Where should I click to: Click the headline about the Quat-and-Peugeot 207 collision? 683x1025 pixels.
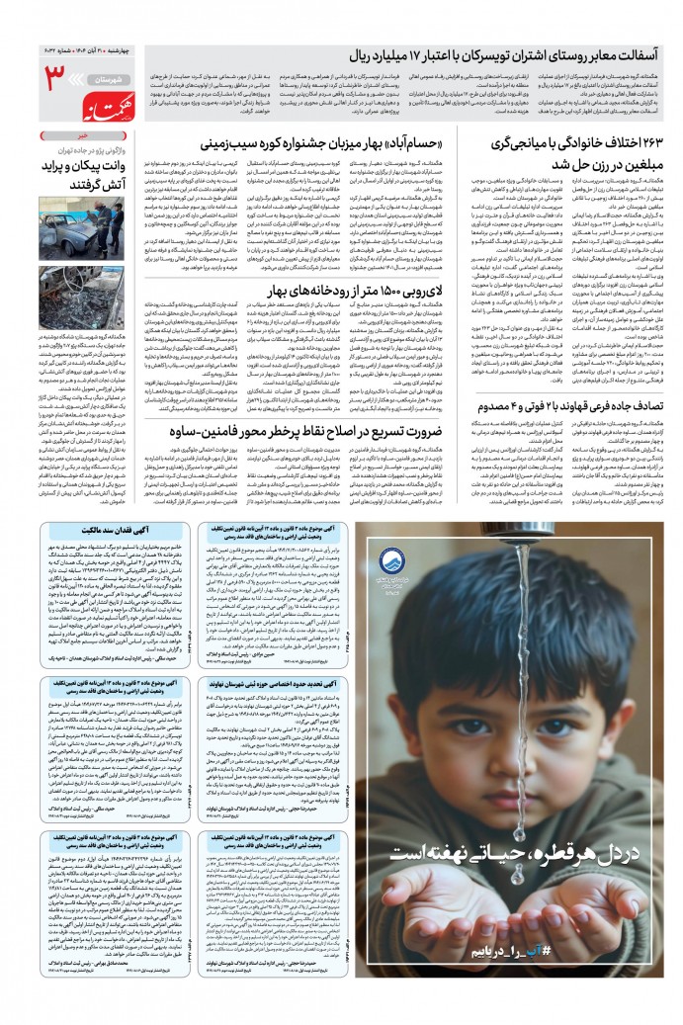click(x=574, y=407)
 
